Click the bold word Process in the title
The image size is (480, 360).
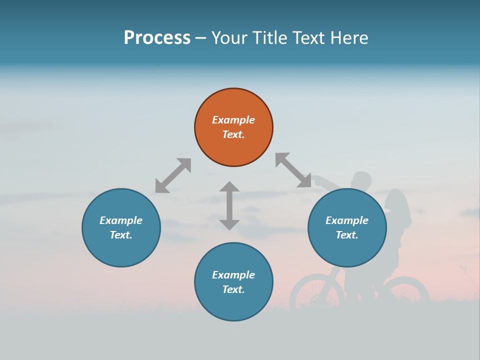point(157,38)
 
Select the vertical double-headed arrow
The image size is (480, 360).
point(229,205)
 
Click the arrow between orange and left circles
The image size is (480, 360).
point(173,175)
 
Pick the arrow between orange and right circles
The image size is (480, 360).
point(293,170)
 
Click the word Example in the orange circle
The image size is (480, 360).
point(233,120)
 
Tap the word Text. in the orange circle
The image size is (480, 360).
point(233,134)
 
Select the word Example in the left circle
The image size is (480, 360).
point(121,220)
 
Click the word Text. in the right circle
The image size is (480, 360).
point(347,235)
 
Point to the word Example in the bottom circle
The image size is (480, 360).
point(233,275)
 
